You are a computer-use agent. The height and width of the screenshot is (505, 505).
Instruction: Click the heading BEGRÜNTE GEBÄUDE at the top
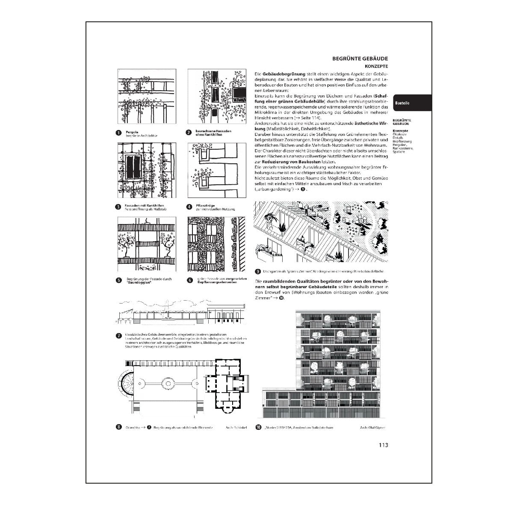tap(360, 59)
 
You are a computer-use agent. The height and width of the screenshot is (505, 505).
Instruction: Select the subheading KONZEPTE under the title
tap(376, 67)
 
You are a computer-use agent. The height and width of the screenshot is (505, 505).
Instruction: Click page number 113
tap(383, 445)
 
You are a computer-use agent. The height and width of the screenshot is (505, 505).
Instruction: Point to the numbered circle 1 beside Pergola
tap(118, 133)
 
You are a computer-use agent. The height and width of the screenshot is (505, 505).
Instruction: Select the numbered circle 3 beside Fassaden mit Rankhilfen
tap(118, 207)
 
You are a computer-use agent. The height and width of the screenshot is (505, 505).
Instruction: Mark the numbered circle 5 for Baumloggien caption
tap(118, 281)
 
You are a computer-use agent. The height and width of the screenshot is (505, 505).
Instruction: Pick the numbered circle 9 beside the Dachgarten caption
tap(257, 271)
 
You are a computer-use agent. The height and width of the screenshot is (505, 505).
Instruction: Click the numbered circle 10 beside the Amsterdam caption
tap(258, 427)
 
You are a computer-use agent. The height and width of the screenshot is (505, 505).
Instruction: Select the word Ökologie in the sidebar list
tap(399, 134)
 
